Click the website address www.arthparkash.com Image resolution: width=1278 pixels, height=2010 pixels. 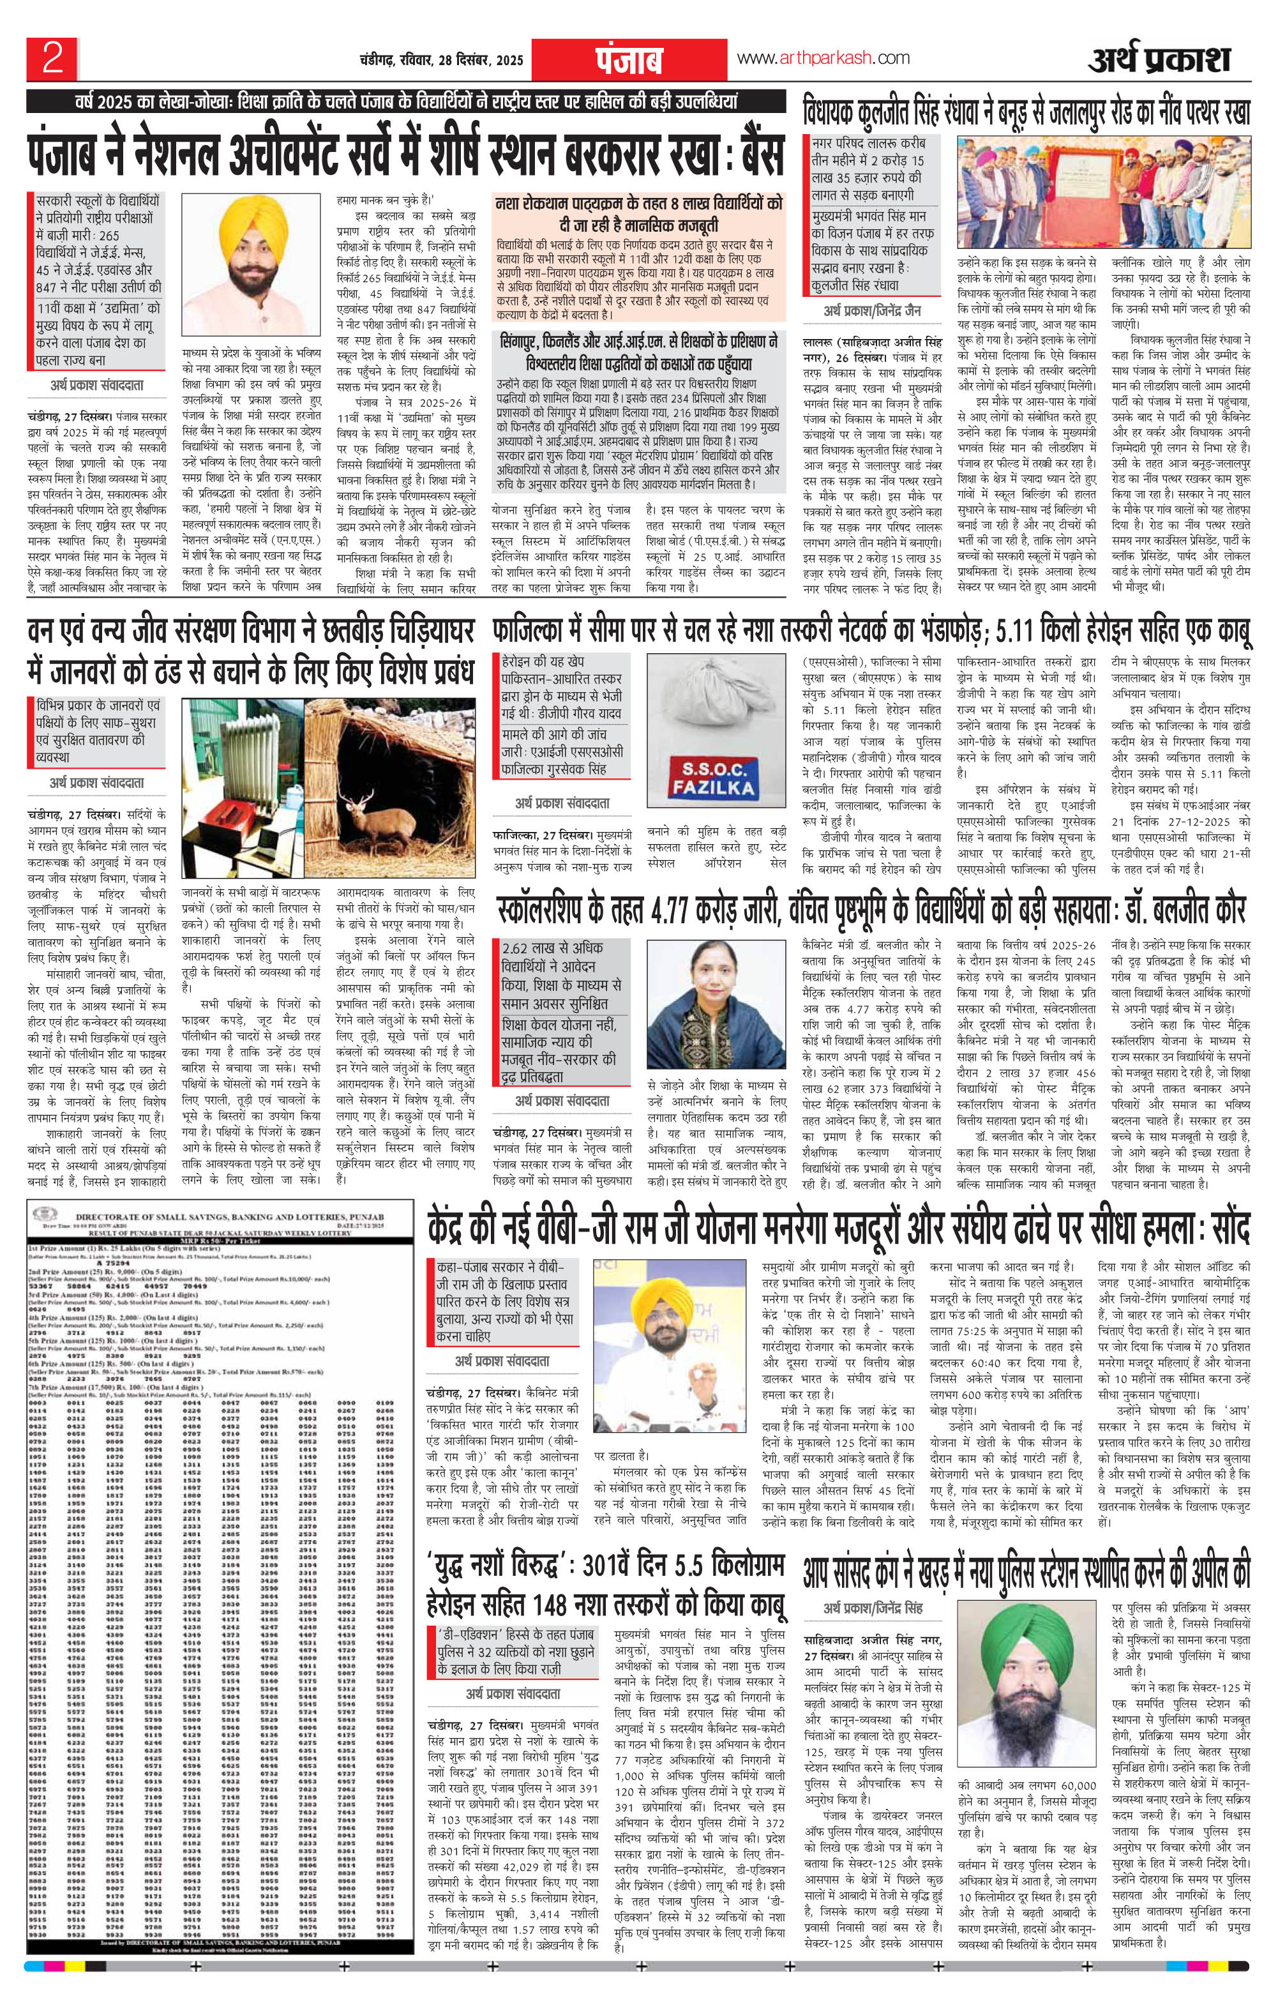(823, 57)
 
